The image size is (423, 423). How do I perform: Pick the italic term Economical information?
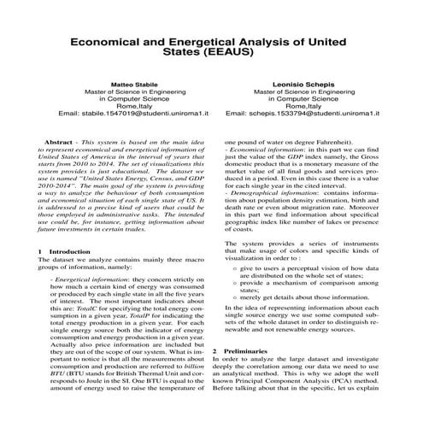263,150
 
